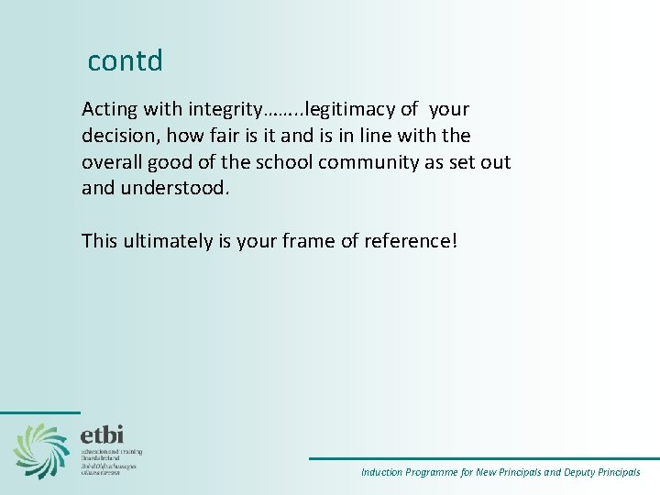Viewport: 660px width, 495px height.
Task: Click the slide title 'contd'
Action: pos(125,60)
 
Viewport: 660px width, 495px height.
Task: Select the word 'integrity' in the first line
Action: pos(225,110)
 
